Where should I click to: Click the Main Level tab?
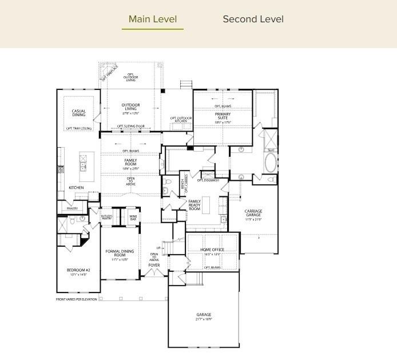[153, 19]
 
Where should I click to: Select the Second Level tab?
[253, 19]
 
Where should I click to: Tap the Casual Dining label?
[79, 113]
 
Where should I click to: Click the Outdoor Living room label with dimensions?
[130, 108]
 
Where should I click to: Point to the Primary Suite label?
[223, 117]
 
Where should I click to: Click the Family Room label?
[131, 164]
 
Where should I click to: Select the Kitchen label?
[76, 188]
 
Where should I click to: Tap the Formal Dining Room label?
[120, 255]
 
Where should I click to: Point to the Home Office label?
[212, 251]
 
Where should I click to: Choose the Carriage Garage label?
[253, 215]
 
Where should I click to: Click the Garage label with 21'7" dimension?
[204, 317]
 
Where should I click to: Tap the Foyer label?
[154, 265]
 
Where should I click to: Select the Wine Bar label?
[133, 217]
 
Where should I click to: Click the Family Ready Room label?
[194, 205]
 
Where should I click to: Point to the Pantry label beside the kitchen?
[72, 209]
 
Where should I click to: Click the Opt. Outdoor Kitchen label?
[179, 120]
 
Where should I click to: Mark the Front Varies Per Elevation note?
[77, 299]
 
